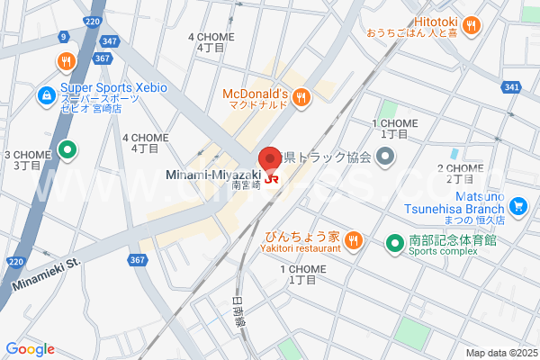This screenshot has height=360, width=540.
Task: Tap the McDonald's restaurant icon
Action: (x=301, y=95)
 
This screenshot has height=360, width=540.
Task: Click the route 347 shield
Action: (x=111, y=41)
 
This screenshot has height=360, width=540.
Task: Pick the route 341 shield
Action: (x=512, y=87)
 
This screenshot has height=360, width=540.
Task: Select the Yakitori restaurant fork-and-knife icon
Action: (x=354, y=240)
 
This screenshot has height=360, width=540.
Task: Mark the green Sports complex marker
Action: (x=394, y=242)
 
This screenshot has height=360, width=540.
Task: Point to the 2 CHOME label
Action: (x=460, y=174)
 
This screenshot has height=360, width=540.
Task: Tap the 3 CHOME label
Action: (x=27, y=160)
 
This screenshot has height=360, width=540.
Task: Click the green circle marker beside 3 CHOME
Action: (x=65, y=150)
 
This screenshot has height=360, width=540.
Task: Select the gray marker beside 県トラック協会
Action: (x=385, y=158)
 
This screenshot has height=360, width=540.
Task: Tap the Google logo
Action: (x=30, y=349)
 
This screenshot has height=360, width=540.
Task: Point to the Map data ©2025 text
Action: (x=500, y=353)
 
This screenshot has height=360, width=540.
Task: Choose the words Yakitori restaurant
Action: (x=300, y=248)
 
